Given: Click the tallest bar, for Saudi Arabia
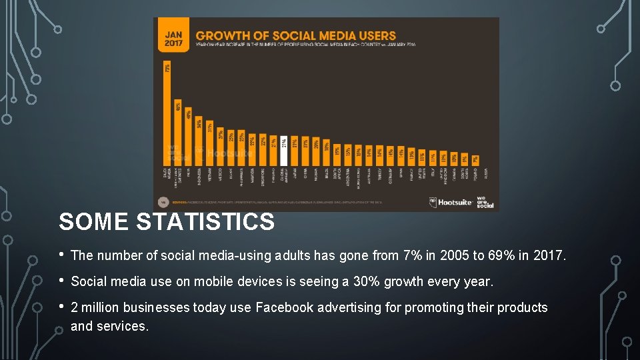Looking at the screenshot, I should point(167,113).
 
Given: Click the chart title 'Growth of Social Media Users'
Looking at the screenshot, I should point(295,35).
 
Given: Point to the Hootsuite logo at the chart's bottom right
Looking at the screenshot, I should point(451,201).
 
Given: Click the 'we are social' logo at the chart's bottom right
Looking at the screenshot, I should point(485,201).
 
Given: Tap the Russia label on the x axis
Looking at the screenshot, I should point(486,173).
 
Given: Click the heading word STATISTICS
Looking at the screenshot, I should point(205,222).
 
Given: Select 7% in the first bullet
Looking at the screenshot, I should point(411,255).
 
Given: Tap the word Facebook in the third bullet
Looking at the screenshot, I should point(285,307).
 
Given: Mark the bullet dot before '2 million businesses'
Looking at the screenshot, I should point(62,307).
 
